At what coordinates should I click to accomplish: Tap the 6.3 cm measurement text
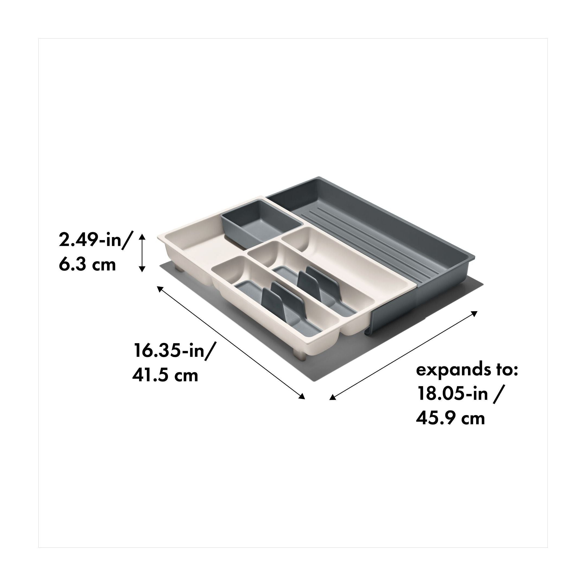87,265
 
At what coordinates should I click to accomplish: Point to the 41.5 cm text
165,375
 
